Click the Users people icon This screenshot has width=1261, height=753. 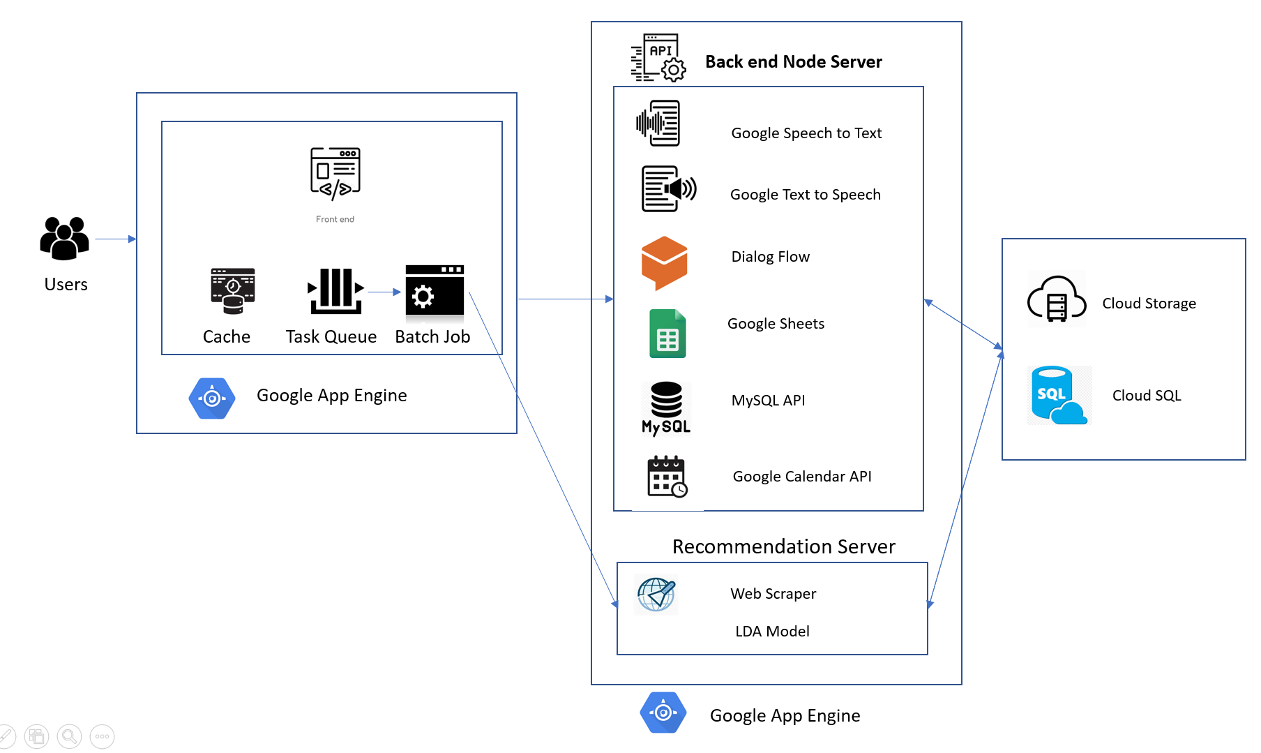pos(65,238)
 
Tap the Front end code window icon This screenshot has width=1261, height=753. pos(335,172)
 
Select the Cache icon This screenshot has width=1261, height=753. pos(233,291)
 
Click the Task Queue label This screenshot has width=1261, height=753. pos(331,336)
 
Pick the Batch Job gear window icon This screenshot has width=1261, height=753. pos(435,291)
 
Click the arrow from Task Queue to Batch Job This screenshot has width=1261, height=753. pos(384,292)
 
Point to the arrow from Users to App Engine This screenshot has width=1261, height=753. pos(115,239)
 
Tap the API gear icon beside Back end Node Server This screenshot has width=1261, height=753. pos(658,57)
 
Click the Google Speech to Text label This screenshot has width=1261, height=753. pos(806,133)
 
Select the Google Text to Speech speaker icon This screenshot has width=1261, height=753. pos(668,188)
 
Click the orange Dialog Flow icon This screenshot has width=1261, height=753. pos(664,262)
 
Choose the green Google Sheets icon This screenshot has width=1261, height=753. pos(667,334)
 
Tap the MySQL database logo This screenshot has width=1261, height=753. pos(666,408)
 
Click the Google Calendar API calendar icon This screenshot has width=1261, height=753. pos(667,477)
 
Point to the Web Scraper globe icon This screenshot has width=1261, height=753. pos(656,595)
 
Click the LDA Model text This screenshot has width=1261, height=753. pos(772,631)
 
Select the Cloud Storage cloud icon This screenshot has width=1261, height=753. pos(1057,299)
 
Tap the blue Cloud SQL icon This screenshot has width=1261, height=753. pos(1057,396)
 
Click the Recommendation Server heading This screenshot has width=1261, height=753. pos(783,546)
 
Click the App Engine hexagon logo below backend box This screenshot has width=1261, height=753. pos(663,713)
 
